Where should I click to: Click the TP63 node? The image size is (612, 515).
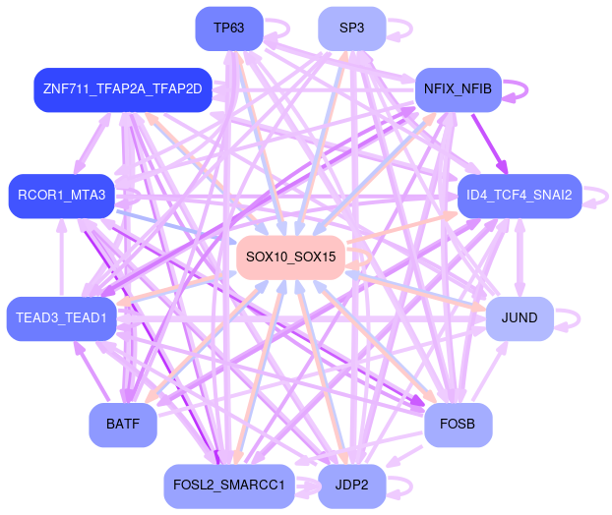pyautogui.click(x=228, y=28)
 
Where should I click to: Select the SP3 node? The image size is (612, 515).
pyautogui.click(x=351, y=28)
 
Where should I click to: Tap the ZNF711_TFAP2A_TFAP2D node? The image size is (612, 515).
pyautogui.click(x=122, y=89)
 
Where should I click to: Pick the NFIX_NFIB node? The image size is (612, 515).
pyautogui.click(x=458, y=89)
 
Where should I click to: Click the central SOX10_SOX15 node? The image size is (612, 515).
pyautogui.click(x=290, y=257)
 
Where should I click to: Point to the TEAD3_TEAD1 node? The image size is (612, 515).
pyautogui.click(x=62, y=318)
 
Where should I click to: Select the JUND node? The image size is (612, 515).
pyautogui.click(x=519, y=318)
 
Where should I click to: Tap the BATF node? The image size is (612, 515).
pyautogui.click(x=122, y=425)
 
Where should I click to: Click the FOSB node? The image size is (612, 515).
pyautogui.click(x=458, y=425)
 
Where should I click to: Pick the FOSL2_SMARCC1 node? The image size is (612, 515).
pyautogui.click(x=228, y=486)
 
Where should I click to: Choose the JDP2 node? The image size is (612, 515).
pyautogui.click(x=351, y=486)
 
